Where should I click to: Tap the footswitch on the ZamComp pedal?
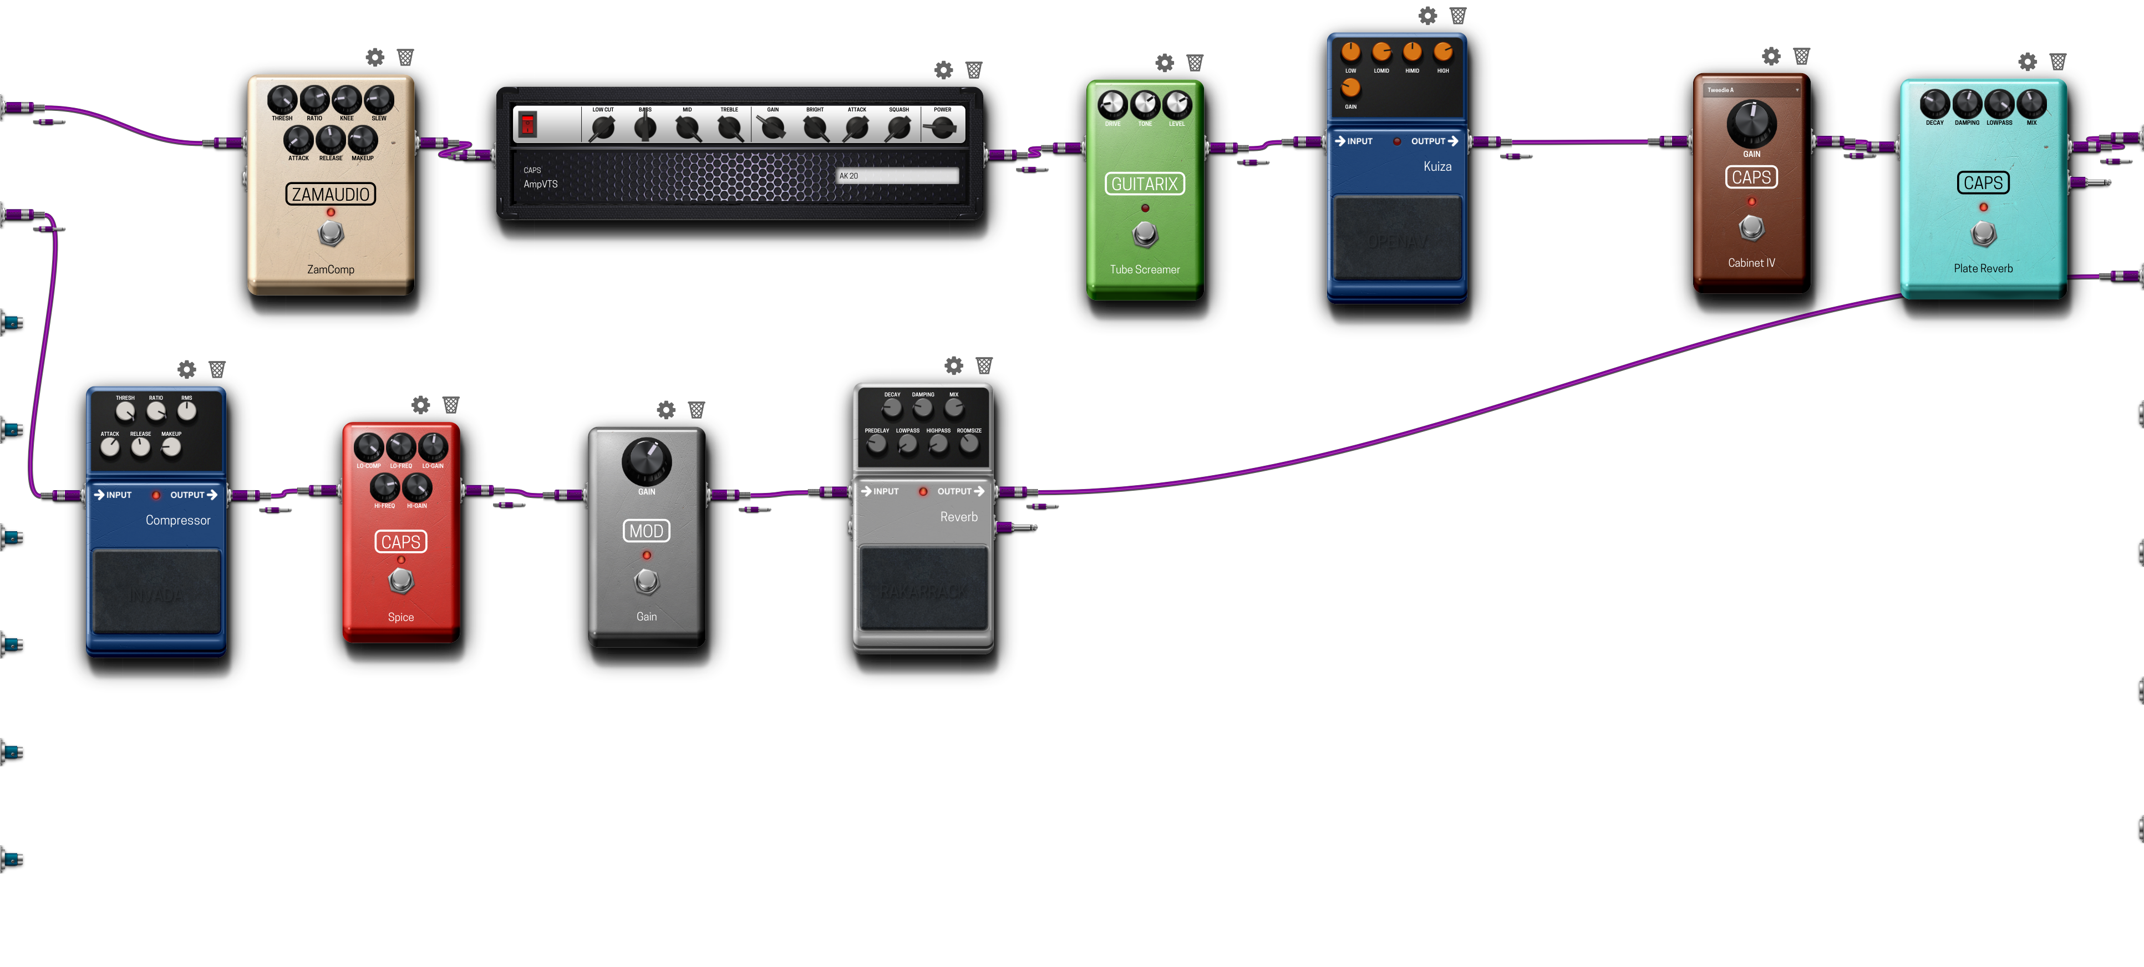pyautogui.click(x=331, y=234)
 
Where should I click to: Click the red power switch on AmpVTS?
pyautogui.click(x=527, y=125)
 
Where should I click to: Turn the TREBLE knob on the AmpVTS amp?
pyautogui.click(x=729, y=128)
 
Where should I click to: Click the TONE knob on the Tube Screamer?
pyautogui.click(x=1145, y=105)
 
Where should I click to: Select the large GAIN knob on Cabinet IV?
pyautogui.click(x=1751, y=123)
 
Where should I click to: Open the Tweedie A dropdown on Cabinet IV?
pyautogui.click(x=1751, y=90)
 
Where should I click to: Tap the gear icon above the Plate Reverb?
pyautogui.click(x=2028, y=62)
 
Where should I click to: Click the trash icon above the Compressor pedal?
pyautogui.click(x=217, y=369)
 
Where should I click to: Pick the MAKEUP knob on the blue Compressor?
pyautogui.click(x=171, y=447)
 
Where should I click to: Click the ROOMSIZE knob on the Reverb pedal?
pyautogui.click(x=969, y=444)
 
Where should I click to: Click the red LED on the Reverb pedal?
pyautogui.click(x=922, y=492)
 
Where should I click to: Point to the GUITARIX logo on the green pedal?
pyautogui.click(x=1145, y=184)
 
